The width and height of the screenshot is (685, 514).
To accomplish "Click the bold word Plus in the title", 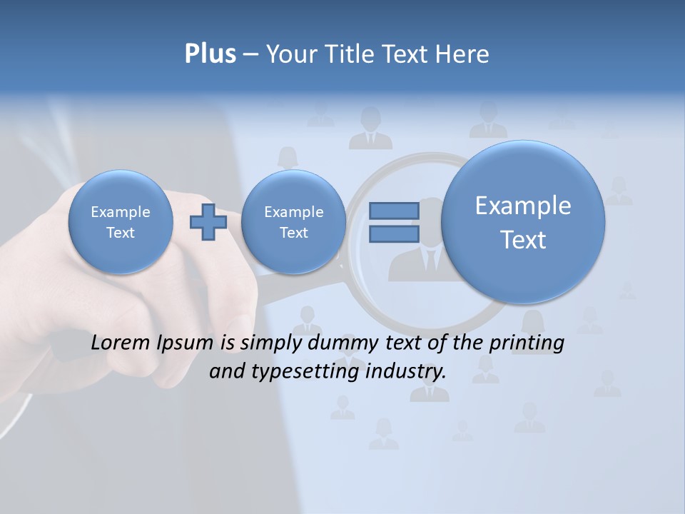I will coord(210,54).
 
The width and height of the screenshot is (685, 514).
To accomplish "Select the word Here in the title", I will coord(462,54).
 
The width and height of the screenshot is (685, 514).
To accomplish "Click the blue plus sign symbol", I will coord(208,221).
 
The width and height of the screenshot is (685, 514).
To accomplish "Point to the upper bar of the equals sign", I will coord(394,211).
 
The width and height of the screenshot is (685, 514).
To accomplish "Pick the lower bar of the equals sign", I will coord(394,234).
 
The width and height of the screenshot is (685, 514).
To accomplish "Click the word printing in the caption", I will coord(526,343).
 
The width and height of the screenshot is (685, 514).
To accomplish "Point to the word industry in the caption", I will coord(405,372).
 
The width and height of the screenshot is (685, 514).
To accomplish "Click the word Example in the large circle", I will coord(523,206).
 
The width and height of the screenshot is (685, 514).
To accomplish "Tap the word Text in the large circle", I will coord(523,240).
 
